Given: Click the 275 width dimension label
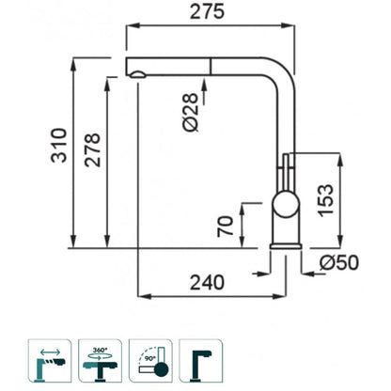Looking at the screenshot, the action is click(208, 12).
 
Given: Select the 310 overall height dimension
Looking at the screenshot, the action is click(59, 145).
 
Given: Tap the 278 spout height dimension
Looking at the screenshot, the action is click(93, 150).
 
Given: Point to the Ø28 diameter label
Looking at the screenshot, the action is click(191, 112).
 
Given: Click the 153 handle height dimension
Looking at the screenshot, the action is click(325, 200).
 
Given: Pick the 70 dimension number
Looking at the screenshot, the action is click(226, 227).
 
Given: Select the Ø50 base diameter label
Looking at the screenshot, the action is click(339, 262).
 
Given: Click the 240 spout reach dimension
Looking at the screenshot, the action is click(208, 282).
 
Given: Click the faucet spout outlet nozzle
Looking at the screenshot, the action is click(137, 74).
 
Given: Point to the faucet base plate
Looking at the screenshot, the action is click(286, 246).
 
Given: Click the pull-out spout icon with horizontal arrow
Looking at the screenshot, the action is click(50, 361).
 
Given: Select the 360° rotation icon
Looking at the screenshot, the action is click(100, 361).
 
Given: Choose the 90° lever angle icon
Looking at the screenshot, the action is click(150, 361).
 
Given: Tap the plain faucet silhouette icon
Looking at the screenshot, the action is click(201, 361).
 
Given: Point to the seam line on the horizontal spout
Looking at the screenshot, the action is click(210, 66).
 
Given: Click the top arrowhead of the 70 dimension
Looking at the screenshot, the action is click(242, 211).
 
